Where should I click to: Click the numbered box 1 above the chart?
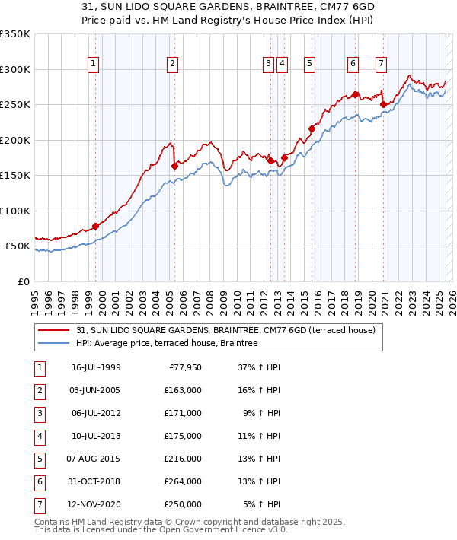tap(93, 65)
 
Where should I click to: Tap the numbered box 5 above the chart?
tap(310, 65)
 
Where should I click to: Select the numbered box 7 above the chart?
tap(380, 65)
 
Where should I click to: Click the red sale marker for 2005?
tap(174, 166)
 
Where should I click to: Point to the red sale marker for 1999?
tap(96, 226)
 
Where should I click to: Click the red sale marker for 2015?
tap(312, 129)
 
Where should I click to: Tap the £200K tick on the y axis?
tap(15, 140)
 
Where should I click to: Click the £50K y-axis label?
tap(18, 246)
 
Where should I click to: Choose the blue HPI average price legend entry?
tap(167, 344)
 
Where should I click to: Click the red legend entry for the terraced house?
tap(225, 331)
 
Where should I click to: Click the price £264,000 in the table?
tap(184, 481)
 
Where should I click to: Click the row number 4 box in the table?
tap(40, 436)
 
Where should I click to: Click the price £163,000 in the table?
tap(184, 391)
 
